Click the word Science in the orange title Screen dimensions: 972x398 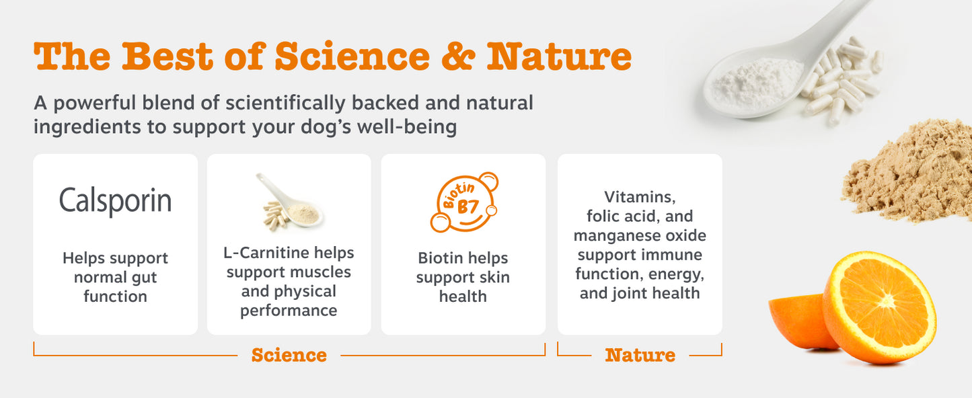[352, 56]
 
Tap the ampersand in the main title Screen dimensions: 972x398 [458, 56]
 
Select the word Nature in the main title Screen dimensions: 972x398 [559, 56]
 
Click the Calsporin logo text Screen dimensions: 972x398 [116, 201]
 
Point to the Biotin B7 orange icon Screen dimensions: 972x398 [464, 202]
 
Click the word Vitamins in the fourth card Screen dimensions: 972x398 [640, 197]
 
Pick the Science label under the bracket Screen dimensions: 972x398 [289, 355]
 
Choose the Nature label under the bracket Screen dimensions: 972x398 [640, 355]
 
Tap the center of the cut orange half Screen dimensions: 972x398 [886, 300]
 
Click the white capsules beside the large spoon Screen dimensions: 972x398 [842, 80]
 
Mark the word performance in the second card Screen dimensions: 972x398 [289, 311]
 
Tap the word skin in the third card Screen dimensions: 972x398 [494, 277]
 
